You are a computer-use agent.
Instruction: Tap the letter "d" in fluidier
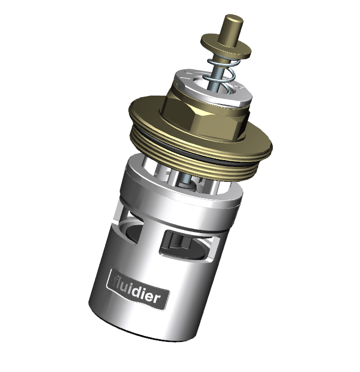(135, 290)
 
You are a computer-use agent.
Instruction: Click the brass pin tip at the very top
(233, 19)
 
